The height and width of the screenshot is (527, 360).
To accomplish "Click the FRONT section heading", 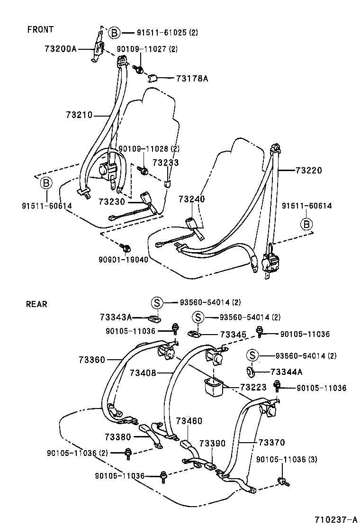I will coord(40,29).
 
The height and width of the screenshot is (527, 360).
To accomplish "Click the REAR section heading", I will coord(36,304).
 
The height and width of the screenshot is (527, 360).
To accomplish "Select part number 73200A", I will coord(60,48).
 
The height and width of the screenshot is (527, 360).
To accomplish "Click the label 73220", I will coord(308,170).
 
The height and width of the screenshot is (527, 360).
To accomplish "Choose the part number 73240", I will coord(192,200).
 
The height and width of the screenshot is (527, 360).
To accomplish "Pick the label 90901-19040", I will coord(123,260).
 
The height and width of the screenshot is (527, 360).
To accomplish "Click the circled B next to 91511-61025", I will coord(114,33).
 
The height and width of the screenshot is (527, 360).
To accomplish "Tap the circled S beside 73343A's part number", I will coord(157,302).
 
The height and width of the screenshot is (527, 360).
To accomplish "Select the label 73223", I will coord(253,387).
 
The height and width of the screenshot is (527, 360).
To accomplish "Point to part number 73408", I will coord(143,373).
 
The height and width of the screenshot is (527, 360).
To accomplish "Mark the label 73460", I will coord(189,421).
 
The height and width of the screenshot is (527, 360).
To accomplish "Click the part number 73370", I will coord(271,443).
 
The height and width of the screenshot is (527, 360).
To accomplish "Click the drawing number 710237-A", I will coord(333,518).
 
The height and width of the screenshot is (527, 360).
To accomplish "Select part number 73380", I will coord(118,436).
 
